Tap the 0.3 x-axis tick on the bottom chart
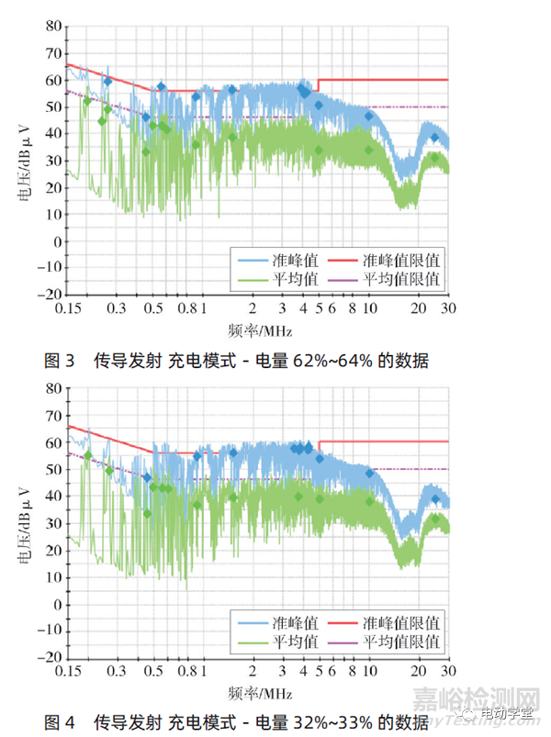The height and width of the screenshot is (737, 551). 118,671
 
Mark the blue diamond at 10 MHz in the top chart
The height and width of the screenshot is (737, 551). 369,116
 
